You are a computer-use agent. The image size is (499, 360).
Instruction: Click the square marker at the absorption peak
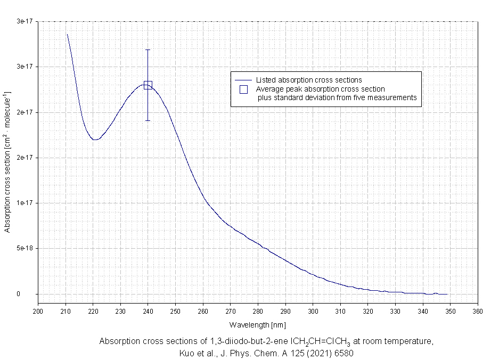(x=148, y=85)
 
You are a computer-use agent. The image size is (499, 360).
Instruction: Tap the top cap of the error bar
(x=148, y=50)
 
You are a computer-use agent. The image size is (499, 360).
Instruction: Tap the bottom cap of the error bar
(x=148, y=121)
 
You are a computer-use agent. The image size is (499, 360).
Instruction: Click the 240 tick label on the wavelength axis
(x=148, y=312)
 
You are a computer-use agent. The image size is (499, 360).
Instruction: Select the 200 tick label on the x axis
(x=38, y=312)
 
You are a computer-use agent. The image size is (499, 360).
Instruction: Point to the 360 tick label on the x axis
(x=477, y=312)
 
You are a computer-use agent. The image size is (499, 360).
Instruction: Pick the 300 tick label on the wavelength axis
(x=313, y=312)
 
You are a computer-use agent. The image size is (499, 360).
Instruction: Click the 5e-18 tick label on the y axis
(x=25, y=248)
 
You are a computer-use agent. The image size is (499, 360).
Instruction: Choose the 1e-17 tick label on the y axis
(x=25, y=203)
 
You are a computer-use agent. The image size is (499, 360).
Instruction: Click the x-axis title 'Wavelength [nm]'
(x=258, y=324)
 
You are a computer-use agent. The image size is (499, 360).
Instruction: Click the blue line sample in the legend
(x=243, y=80)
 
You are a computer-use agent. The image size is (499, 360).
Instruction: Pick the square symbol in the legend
(x=243, y=89)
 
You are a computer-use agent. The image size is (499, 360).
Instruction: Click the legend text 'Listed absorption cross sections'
(x=309, y=80)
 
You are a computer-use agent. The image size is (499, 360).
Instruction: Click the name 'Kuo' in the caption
(x=189, y=353)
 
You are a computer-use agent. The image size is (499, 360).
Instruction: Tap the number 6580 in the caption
(x=343, y=353)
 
